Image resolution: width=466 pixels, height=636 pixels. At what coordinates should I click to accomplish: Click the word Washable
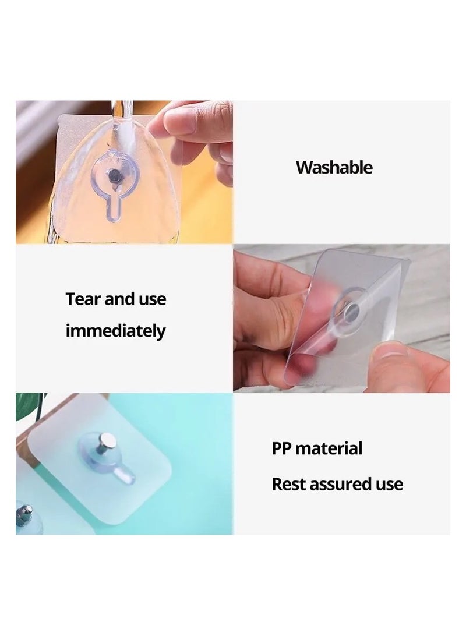pos(334,168)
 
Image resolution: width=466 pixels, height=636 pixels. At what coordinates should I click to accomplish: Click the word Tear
pos(84,299)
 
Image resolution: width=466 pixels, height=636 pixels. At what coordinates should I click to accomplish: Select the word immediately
pos(115,331)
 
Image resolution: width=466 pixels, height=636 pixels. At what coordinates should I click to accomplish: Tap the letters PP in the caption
pos(281,448)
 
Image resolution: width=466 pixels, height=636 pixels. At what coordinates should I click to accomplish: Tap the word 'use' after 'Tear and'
pos(152,299)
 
